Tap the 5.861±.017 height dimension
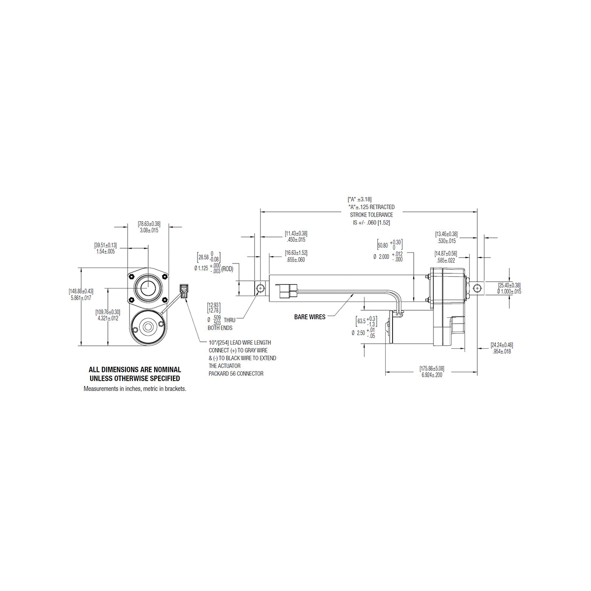tap(81, 297)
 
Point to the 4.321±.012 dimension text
tap(108, 318)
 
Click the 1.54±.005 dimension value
tap(105, 251)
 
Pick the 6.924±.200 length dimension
tap(432, 374)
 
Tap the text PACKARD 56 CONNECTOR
tap(236, 373)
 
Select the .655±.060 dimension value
tap(295, 260)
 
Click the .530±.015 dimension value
tap(446, 241)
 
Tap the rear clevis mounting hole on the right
tap(476, 288)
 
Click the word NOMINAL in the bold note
tap(161, 369)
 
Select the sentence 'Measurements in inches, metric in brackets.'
tap(134, 389)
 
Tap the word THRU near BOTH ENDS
tap(230, 320)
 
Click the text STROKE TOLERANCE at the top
tap(371, 215)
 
